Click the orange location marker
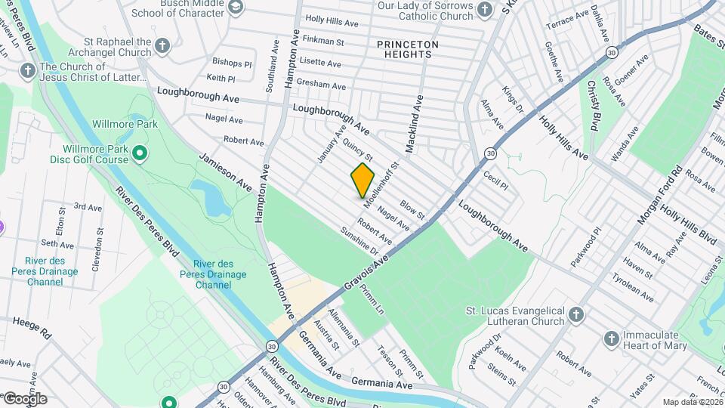(x=362, y=180)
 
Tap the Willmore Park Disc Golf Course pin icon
(x=140, y=154)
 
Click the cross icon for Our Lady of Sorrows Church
(x=486, y=9)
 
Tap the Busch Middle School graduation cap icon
(x=236, y=7)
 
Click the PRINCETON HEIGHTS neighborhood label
(x=408, y=51)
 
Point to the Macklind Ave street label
(x=415, y=125)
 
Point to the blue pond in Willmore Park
(x=209, y=196)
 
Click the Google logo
(x=25, y=398)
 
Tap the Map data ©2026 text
(x=692, y=402)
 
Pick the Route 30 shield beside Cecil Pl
(x=490, y=153)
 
